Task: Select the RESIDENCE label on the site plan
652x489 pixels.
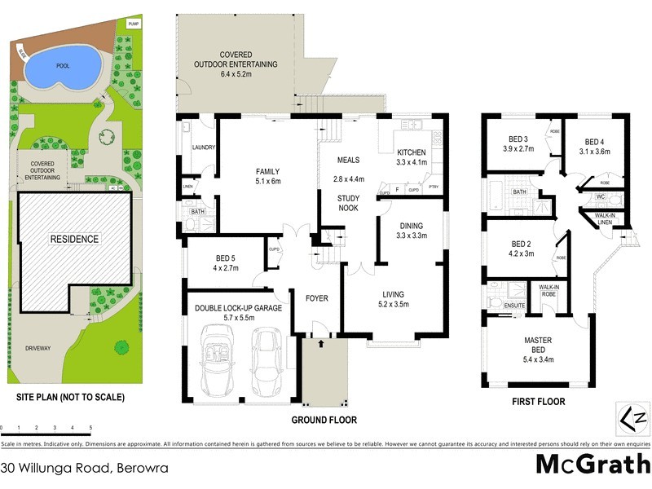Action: click(x=74, y=239)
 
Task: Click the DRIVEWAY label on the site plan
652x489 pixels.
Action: click(x=37, y=348)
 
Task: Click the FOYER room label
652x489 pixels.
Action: click(x=316, y=298)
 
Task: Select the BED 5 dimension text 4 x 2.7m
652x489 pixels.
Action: click(x=220, y=267)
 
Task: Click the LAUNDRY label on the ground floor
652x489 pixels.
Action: click(x=203, y=148)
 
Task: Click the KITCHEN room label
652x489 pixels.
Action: click(x=411, y=152)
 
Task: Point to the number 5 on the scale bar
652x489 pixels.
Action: click(x=90, y=427)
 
